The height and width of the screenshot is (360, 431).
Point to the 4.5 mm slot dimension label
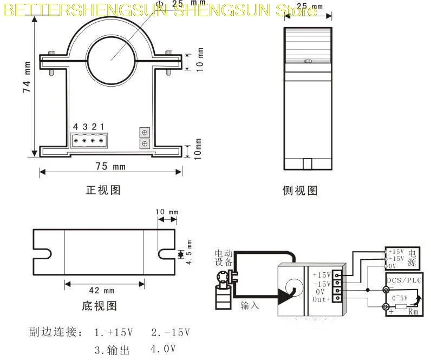pyautogui.click(x=190, y=253)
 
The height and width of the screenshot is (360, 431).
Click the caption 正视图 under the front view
pyautogui.click(x=103, y=190)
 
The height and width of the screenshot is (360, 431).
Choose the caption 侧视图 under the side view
pyautogui.click(x=300, y=190)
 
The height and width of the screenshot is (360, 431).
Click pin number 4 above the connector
pyautogui.click(x=76, y=127)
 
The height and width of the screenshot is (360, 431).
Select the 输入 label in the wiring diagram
pyautogui.click(x=250, y=305)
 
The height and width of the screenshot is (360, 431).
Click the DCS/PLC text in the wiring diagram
pyautogui.click(x=404, y=280)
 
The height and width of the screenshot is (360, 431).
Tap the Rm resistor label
pyautogui.click(x=413, y=312)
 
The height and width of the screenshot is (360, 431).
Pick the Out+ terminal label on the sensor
pyautogui.click(x=323, y=300)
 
